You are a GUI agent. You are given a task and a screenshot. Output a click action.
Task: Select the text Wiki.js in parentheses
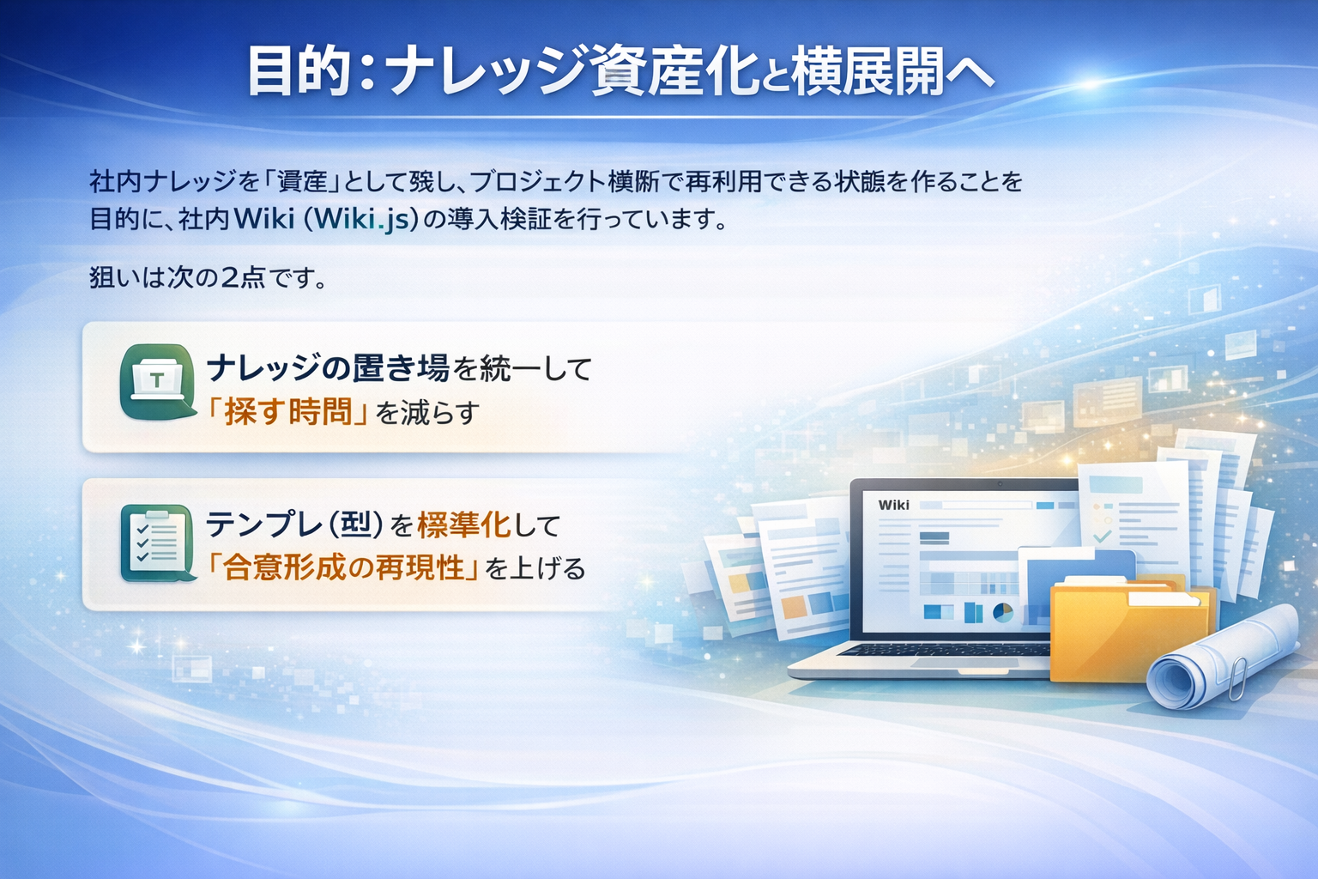tap(361, 219)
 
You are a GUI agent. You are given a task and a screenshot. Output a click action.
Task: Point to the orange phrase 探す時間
tap(288, 413)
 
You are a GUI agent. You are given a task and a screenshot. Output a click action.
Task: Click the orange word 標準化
tap(463, 524)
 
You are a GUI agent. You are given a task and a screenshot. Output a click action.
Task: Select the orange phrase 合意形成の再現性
tap(343, 567)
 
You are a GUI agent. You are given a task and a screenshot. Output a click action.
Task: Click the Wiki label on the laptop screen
tap(893, 505)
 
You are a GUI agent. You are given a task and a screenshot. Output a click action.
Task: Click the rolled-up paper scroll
tap(1218, 657)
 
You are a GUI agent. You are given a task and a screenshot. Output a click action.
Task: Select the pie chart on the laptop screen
tap(1002, 612)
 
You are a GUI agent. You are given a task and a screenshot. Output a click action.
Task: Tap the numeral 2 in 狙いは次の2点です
tap(230, 277)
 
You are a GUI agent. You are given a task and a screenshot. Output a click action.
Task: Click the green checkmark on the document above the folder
tap(1102, 537)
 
